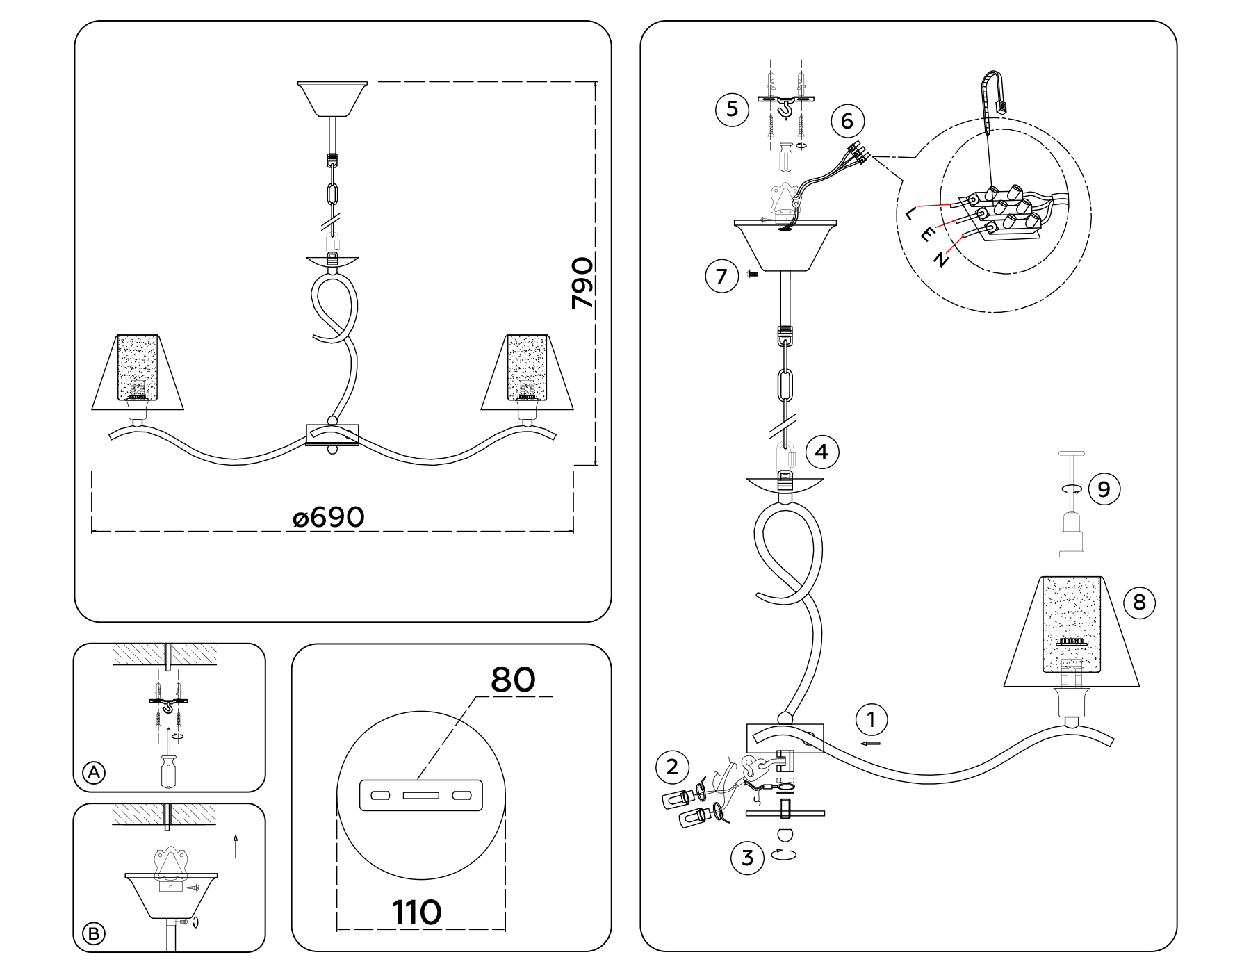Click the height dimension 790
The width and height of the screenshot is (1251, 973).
pos(582,283)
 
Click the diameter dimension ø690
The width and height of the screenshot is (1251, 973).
pos(329,518)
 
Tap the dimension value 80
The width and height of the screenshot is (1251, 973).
pos(513,680)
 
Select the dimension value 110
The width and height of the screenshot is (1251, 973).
pos(416,913)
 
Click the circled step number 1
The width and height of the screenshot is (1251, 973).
pos(872,719)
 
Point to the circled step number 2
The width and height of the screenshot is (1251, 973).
pos(672,767)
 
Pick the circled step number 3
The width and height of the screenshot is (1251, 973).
pos(747,858)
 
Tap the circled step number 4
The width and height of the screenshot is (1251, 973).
pos(821,452)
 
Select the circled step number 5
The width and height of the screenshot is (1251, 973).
pos(732,109)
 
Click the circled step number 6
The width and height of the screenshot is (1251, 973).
pos(847,121)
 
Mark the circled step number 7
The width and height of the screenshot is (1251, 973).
pos(721,277)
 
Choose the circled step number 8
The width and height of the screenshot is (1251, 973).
pos(1139,602)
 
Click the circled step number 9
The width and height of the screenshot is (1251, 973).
pos(1104,489)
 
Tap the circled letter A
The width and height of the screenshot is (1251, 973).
pos(94,772)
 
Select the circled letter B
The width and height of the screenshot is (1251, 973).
pos(94,933)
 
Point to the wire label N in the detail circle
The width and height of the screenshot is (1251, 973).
pos(941,259)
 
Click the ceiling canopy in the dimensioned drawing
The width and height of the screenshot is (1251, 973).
pos(332,99)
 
